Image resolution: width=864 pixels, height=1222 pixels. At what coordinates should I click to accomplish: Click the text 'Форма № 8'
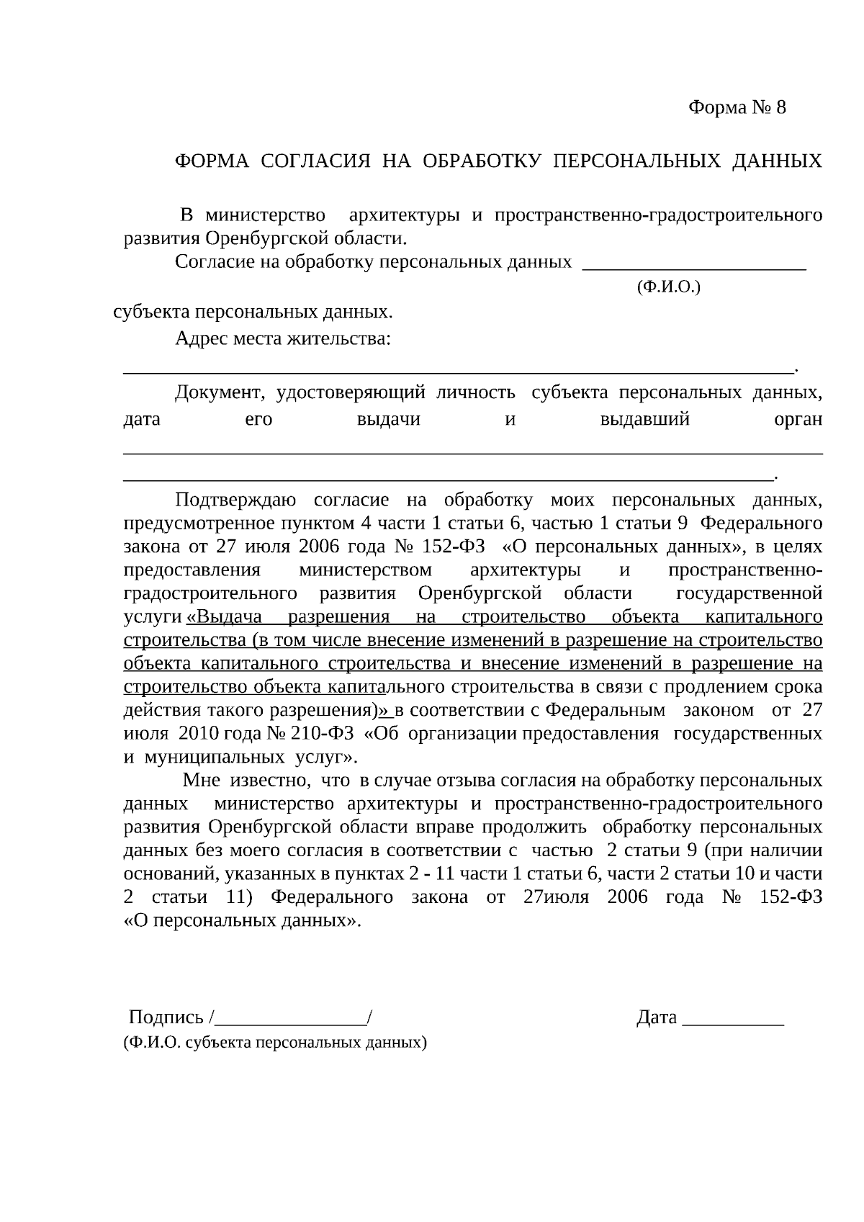[737, 108]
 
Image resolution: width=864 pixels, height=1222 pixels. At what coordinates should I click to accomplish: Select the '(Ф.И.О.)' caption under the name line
[668, 287]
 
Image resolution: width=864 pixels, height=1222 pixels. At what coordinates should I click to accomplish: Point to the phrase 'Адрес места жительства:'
[283, 338]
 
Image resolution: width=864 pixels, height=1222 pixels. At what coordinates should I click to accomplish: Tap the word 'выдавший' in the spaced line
[644, 419]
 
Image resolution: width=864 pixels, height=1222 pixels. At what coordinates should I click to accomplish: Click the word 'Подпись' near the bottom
[166, 1017]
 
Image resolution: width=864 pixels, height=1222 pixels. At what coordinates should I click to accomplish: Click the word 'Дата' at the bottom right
[656, 1017]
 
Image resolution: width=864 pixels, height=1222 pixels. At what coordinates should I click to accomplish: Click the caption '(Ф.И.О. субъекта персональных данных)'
[275, 1042]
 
